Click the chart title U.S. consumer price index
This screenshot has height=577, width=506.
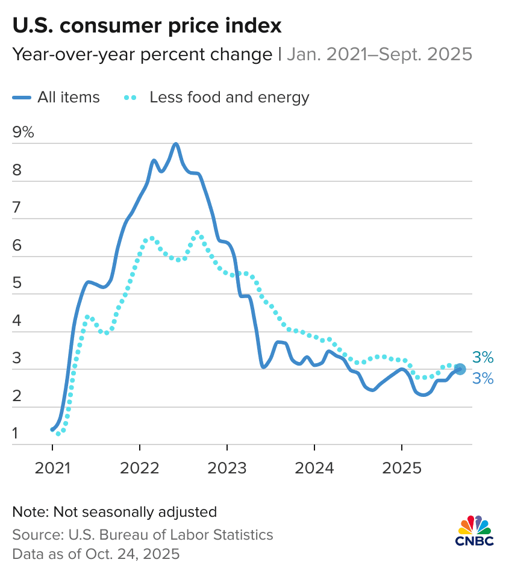(x=147, y=26)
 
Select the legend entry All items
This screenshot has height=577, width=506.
(x=68, y=97)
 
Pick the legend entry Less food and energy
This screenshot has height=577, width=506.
(x=229, y=97)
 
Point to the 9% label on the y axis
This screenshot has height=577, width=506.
(x=23, y=133)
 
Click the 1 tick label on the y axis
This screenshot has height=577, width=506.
(x=16, y=434)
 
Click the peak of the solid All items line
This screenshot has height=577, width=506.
(x=175, y=144)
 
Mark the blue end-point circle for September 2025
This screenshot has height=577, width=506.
(x=460, y=369)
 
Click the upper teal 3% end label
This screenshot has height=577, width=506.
(x=483, y=358)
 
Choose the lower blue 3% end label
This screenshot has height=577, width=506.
(x=483, y=379)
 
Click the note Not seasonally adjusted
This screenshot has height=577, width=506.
(x=114, y=512)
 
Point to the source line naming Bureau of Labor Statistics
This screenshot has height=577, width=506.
(x=143, y=534)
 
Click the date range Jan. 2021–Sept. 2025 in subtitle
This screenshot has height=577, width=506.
(x=379, y=55)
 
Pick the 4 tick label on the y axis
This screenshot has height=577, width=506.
(x=17, y=321)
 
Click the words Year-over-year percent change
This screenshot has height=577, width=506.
(x=142, y=55)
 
